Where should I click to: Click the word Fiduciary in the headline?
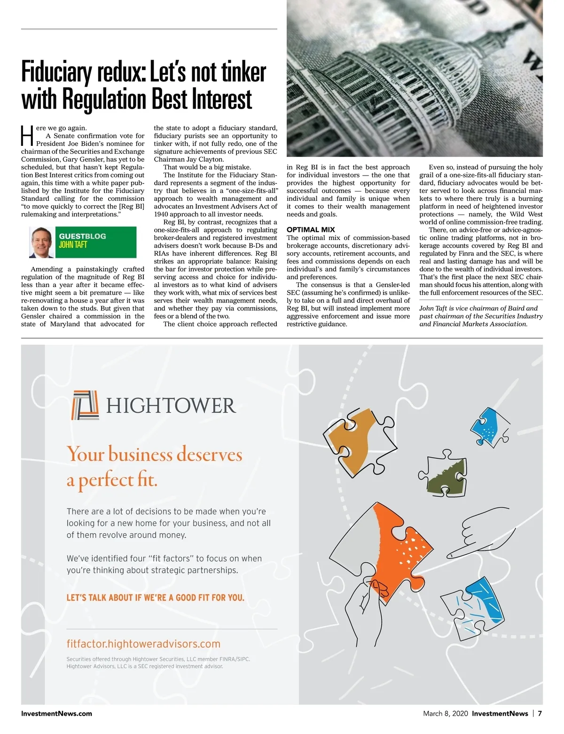tap(57, 72)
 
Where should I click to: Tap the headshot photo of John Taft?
tap(41, 242)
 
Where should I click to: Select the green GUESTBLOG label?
tap(82, 236)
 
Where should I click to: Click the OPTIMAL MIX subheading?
tap(311, 230)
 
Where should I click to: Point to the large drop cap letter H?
tap(27, 136)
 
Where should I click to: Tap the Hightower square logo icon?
tap(85, 405)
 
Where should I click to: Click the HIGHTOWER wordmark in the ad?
tap(171, 406)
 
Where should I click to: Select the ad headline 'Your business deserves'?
tap(155, 455)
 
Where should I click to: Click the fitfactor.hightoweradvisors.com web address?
tap(143, 644)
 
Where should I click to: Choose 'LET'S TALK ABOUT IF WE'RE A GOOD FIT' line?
tap(155, 598)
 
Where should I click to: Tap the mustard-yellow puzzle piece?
tap(358, 440)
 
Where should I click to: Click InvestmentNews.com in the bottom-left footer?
tap(56, 713)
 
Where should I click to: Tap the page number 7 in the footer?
tap(540, 713)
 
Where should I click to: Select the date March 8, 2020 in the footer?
tap(445, 713)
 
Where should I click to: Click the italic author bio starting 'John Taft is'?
tap(481, 316)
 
